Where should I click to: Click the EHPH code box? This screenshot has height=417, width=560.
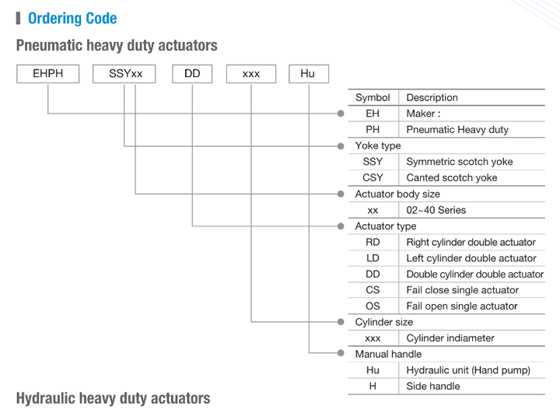pyautogui.click(x=48, y=74)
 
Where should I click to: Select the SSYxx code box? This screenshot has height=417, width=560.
pyautogui.click(x=124, y=74)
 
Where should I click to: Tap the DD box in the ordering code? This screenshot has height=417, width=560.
pyautogui.click(x=192, y=74)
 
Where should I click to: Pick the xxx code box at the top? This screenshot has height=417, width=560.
pyautogui.click(x=251, y=74)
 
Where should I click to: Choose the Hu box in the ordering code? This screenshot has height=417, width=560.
pyautogui.click(x=309, y=74)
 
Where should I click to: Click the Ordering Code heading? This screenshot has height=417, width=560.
pyautogui.click(x=72, y=18)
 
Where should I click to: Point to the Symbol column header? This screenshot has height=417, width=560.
pyautogui.click(x=373, y=97)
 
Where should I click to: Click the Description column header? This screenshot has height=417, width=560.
pyautogui.click(x=432, y=97)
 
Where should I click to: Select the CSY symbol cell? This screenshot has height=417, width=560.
pyautogui.click(x=373, y=177)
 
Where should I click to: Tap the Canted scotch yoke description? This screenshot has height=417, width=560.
pyautogui.click(x=452, y=177)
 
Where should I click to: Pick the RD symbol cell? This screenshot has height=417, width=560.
pyautogui.click(x=373, y=242)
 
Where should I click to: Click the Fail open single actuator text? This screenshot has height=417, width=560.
pyautogui.click(x=462, y=307)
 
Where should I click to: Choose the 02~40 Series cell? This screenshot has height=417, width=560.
pyautogui.click(x=436, y=210)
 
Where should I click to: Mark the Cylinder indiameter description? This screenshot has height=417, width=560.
pyautogui.click(x=450, y=338)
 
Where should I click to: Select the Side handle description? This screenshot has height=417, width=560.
pyautogui.click(x=433, y=386)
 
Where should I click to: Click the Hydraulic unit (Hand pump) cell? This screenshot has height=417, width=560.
pyautogui.click(x=468, y=370)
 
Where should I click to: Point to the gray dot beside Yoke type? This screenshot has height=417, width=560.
pyautogui.click(x=341, y=146)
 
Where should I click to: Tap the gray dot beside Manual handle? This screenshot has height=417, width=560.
pyautogui.click(x=341, y=353)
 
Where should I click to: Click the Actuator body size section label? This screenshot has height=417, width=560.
pyautogui.click(x=397, y=194)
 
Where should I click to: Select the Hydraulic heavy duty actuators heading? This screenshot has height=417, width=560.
pyautogui.click(x=114, y=398)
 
